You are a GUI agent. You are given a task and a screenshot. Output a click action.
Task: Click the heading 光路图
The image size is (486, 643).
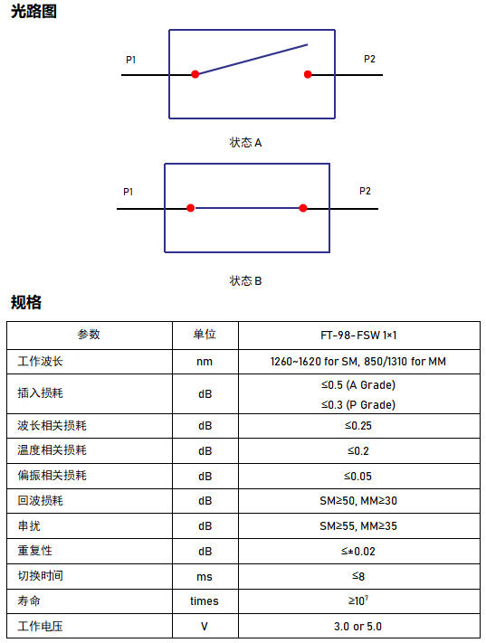[x=33, y=11]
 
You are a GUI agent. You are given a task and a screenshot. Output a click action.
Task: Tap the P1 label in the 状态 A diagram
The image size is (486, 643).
[x=130, y=60]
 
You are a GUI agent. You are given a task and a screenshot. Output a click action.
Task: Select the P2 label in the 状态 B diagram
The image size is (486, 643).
[x=365, y=191]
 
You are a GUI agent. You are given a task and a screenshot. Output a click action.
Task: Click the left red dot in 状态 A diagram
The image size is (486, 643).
[x=195, y=74]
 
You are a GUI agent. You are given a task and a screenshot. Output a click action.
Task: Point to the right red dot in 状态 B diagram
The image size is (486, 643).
[x=303, y=208]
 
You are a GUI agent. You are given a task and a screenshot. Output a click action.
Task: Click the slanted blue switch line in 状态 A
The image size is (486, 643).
[x=253, y=59]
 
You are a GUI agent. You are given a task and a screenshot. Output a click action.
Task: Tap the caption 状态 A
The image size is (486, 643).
[x=245, y=143]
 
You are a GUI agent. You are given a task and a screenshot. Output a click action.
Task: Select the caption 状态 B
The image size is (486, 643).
[x=245, y=281]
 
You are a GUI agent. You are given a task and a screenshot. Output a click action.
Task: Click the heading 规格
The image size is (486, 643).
[x=26, y=302]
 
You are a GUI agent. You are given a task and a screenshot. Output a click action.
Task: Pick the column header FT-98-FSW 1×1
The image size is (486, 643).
[x=358, y=336]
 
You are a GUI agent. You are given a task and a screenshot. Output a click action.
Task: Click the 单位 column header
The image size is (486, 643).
[x=205, y=335]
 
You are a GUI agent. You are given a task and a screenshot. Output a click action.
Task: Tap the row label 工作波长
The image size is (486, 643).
[x=40, y=361]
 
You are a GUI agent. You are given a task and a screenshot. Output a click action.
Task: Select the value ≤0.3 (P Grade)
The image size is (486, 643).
[x=358, y=405]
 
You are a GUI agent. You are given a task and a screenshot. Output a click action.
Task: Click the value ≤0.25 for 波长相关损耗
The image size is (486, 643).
[x=358, y=426]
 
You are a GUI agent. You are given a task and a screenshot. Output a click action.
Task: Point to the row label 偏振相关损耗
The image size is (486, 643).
[x=52, y=476]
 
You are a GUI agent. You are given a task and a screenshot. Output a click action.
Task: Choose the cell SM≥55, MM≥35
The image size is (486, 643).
[x=358, y=526]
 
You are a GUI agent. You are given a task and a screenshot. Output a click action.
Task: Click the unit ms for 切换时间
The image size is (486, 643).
[x=205, y=577]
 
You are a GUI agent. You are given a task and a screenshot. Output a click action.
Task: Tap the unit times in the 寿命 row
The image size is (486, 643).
[x=205, y=601]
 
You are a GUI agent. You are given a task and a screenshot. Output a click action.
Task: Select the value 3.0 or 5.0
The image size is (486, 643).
[x=357, y=627]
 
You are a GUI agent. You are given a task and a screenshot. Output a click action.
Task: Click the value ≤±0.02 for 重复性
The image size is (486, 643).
[x=358, y=551]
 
